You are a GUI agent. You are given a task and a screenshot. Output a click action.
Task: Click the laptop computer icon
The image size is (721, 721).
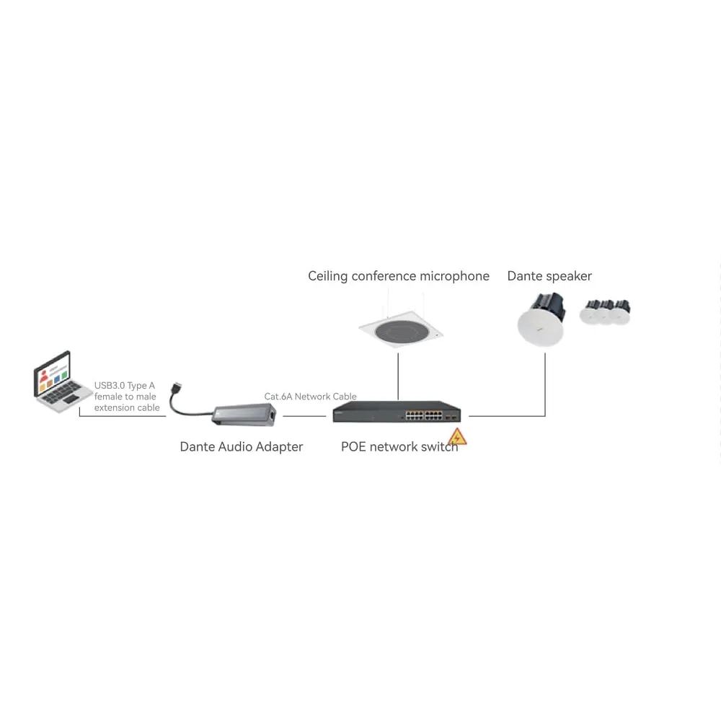[x=63, y=381]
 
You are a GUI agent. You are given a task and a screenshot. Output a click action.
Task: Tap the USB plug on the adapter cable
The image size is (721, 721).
[x=176, y=388]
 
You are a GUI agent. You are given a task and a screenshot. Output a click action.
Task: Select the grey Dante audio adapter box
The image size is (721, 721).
[x=244, y=415]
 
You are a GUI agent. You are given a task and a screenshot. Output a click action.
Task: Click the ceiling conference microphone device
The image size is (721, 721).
[x=401, y=329]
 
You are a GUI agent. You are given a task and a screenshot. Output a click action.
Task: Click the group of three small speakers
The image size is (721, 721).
[x=605, y=312]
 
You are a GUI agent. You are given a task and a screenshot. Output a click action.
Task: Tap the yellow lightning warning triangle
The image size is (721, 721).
[x=457, y=437]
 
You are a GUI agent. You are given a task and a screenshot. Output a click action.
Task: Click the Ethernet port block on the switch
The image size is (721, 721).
[x=423, y=416]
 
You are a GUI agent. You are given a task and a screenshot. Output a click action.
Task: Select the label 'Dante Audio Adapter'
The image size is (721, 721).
[x=242, y=447]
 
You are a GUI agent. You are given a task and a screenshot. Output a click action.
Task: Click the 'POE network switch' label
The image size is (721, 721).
[x=399, y=447]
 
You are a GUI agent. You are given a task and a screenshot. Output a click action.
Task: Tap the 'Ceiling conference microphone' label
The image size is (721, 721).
[x=399, y=276]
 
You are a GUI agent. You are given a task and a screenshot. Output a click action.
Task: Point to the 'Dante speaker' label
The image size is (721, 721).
[x=549, y=276]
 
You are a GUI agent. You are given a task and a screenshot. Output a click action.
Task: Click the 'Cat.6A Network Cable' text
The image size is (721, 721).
[x=310, y=397]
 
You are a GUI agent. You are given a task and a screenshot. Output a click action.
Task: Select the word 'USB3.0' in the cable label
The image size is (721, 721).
[x=110, y=385]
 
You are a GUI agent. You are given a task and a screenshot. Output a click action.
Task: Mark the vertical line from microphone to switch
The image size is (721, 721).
[x=398, y=376]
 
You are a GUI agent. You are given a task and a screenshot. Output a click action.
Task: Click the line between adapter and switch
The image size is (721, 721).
[x=304, y=416]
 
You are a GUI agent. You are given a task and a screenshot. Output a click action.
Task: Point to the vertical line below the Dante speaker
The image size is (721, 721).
[x=545, y=384]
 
